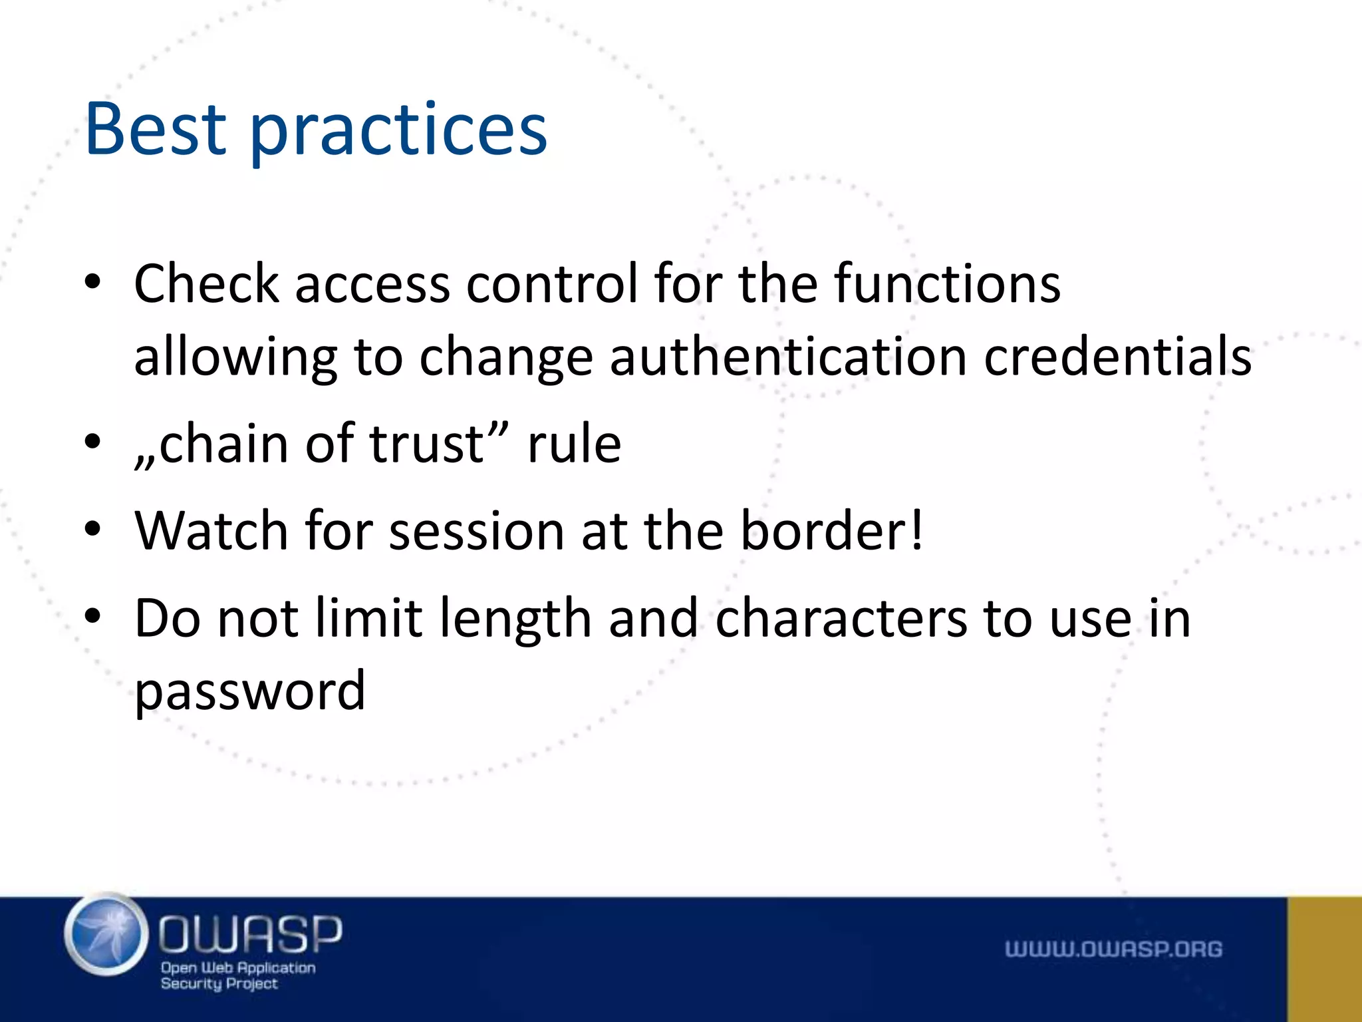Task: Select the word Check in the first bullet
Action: pos(206,284)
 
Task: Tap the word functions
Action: pos(947,284)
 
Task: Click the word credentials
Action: pos(1117,357)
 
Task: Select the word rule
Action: pos(574,444)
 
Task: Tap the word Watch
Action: pos(211,531)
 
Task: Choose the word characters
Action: pos(841,619)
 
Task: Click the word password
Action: pos(250,692)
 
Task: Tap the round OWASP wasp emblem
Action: pos(106,934)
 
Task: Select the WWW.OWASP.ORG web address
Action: pos(1113,949)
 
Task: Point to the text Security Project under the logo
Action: pos(219,983)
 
